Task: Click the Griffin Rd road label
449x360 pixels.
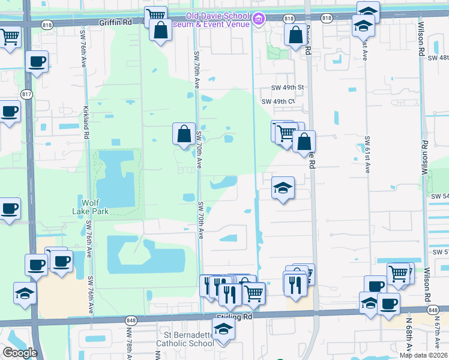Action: coord(120,21)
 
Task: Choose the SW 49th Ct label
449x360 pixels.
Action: coord(279,101)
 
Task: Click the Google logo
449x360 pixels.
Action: coord(20,352)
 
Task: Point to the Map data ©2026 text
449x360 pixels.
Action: coord(423,355)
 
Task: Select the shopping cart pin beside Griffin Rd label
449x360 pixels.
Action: coord(155,16)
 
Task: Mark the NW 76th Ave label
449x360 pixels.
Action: coord(129,345)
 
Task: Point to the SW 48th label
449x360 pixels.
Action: coord(438,58)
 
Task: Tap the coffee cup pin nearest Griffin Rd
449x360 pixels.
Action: coord(37,62)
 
